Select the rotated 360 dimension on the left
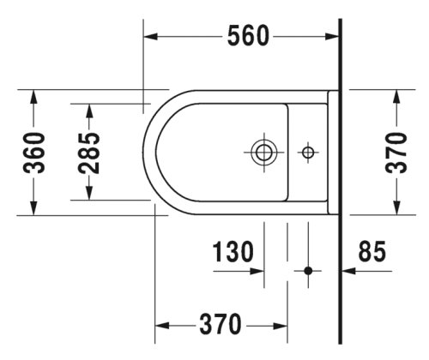pyautogui.click(x=34, y=152)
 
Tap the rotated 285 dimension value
pyautogui.click(x=89, y=152)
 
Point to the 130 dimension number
pyautogui.click(x=232, y=251)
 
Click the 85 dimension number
pyautogui.click(x=372, y=251)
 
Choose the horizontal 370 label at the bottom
pyautogui.click(x=219, y=326)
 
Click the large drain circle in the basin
pyautogui.click(x=263, y=153)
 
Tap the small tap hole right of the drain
pyautogui.click(x=306, y=153)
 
